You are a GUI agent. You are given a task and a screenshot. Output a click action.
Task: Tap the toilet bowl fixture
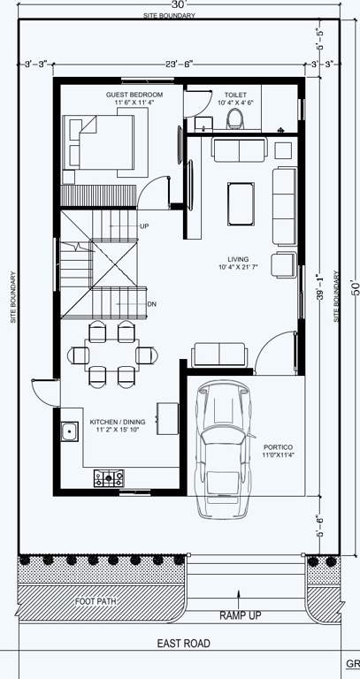coord(235,118)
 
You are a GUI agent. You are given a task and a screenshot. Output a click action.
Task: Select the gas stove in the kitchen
coord(109,478)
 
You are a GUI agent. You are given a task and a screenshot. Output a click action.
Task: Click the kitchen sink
coord(69,432)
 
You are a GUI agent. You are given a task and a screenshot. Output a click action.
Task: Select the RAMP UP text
coord(240,614)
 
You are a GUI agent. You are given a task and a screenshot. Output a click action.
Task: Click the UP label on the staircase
coord(144,226)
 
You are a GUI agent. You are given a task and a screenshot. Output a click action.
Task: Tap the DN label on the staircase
coord(151,304)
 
